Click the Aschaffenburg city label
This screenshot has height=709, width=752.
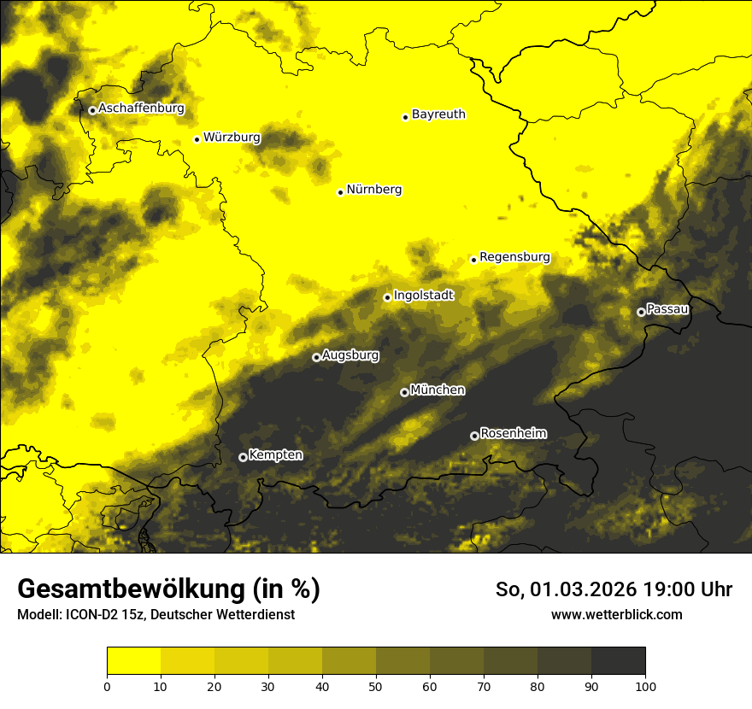pos(141,108)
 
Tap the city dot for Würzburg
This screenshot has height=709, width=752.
pos(197,139)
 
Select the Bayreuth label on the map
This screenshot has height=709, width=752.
pos(438,114)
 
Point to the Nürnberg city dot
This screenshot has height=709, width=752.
pos(340,192)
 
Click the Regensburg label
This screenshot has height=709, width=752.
pos(514,256)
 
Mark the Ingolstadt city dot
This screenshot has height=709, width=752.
pos(387,297)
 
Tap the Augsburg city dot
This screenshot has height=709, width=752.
pos(316,357)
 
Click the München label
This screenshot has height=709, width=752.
pos(438,390)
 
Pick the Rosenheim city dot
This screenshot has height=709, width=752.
pos(474,436)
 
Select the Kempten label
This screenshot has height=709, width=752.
pos(275,454)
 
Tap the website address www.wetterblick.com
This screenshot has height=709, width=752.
pos(616,614)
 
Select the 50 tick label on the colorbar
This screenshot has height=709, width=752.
pos(376,686)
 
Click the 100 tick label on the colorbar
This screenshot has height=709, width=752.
pos(645,686)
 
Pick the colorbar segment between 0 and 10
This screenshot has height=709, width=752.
pos(133,660)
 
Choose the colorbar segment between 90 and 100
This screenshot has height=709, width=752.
pos(618,660)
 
